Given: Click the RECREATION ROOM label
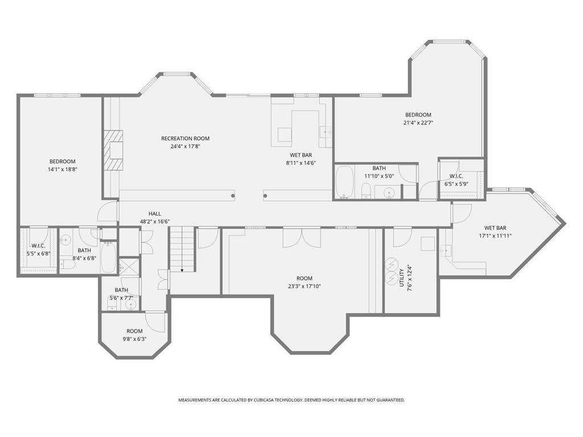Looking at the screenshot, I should [185, 138].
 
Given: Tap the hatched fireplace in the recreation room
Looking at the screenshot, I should [113, 150].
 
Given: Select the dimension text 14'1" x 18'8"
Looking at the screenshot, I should [62, 169].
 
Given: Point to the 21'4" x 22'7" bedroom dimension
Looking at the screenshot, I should [418, 122].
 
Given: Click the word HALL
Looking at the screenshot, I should [155, 213].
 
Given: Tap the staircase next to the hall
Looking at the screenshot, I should [182, 249].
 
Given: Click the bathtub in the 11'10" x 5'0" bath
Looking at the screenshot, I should [343, 182].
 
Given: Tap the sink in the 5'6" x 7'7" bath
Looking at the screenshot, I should [131, 304].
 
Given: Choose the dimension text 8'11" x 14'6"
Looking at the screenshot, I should [301, 163].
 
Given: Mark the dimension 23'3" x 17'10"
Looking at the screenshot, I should [305, 286].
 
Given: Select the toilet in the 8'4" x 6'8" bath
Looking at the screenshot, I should [68, 264].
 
